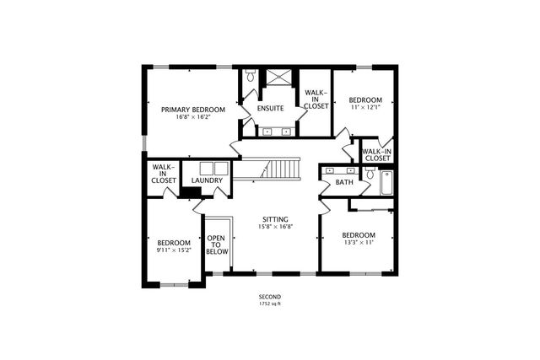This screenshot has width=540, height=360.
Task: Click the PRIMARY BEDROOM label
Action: [x=193, y=110]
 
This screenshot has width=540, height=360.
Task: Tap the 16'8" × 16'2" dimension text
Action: [x=193, y=117]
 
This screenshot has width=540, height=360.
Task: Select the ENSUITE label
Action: [x=271, y=109]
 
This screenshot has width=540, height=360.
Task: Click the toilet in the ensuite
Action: [x=251, y=75]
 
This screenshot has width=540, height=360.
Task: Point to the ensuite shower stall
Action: [x=279, y=77]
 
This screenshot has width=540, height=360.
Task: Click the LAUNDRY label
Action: [x=207, y=180]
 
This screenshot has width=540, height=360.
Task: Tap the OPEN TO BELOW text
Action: [x=217, y=244]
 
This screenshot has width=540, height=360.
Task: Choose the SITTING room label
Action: [x=276, y=219]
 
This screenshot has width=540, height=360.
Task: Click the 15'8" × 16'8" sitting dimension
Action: [x=276, y=227]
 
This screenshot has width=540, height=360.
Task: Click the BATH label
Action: [x=344, y=182]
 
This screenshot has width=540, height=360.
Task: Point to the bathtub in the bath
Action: [x=386, y=183]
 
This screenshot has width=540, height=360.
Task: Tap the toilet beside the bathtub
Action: [x=370, y=173]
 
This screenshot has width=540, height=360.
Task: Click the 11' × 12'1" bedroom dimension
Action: [x=365, y=107]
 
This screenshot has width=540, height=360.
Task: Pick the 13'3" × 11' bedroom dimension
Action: [x=359, y=242]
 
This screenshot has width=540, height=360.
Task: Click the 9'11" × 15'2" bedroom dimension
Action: [x=174, y=250]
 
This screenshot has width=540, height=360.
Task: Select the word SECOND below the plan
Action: [x=270, y=297]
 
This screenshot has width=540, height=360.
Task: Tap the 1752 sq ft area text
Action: [x=270, y=304]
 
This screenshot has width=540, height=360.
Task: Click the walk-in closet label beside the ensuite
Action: [x=316, y=99]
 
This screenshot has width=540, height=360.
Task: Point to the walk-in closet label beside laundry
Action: [x=164, y=174]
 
